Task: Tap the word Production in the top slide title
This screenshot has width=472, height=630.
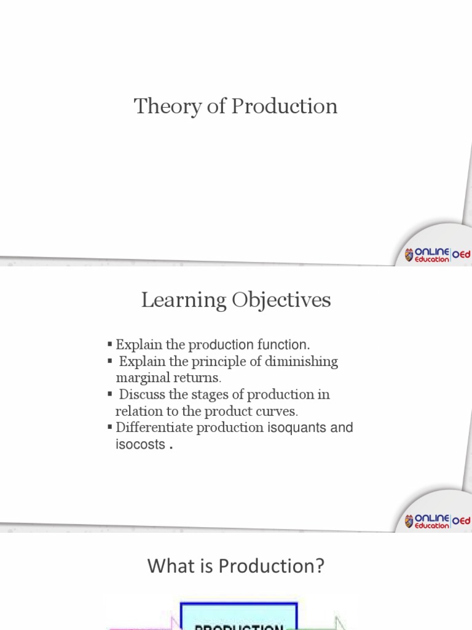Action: tap(284, 106)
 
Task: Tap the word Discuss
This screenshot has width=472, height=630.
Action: tap(143, 394)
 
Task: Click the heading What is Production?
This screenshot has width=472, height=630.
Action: tap(235, 567)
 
